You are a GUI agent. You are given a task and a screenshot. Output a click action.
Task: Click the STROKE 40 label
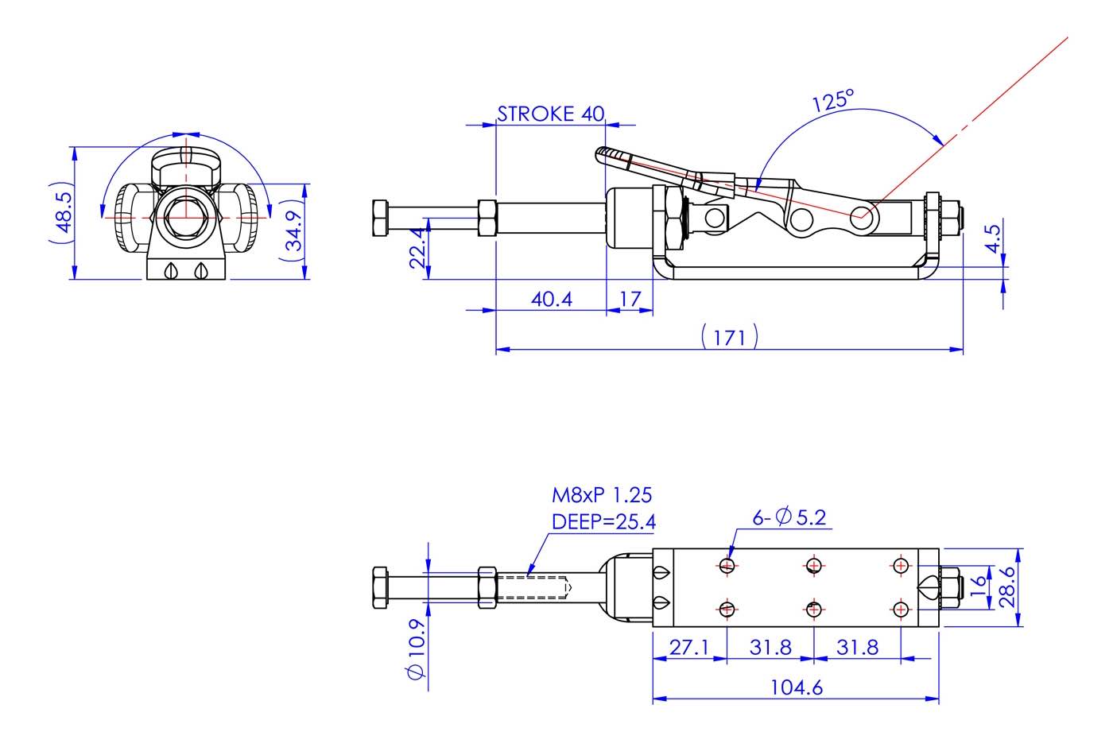coord(550,114)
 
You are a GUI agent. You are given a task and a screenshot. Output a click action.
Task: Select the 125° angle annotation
coord(832,100)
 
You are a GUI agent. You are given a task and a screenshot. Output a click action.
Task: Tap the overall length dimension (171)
coord(729,337)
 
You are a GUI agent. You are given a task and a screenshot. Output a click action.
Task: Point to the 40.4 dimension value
coord(551,300)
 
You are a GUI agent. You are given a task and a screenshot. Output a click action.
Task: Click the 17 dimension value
coord(630,300)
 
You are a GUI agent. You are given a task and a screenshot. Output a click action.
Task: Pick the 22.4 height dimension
coord(419,248)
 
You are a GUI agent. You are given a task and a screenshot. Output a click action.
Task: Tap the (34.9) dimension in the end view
coord(293,230)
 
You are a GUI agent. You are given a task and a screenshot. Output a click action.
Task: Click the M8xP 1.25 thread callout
coord(602,495)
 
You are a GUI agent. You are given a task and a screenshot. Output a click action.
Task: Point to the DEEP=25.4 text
coord(603,521)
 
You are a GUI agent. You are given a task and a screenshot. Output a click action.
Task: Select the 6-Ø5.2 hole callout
coord(789,517)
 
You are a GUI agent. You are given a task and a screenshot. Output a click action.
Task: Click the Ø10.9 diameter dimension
coord(416,648)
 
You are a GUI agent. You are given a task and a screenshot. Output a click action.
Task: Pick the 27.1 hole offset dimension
coord(688,647)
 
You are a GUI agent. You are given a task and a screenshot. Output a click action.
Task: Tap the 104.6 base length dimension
coord(797,687)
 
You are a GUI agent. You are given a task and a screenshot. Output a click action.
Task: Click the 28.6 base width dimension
coord(1007,587)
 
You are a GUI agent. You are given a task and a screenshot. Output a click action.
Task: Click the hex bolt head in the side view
coord(380,218)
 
